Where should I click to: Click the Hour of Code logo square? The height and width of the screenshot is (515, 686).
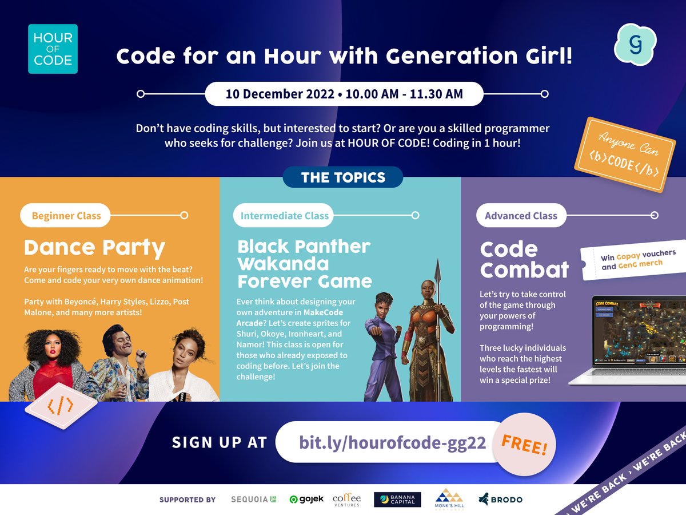[53, 49]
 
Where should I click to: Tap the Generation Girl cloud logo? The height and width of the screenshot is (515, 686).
[635, 44]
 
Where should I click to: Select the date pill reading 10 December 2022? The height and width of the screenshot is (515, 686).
[344, 94]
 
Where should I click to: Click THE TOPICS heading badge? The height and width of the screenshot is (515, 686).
[343, 177]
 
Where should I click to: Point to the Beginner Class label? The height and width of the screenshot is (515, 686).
[66, 216]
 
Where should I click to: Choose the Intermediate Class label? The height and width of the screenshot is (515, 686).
[284, 216]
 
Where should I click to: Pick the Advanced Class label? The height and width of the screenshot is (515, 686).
[521, 216]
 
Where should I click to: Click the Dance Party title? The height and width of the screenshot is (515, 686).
[94, 248]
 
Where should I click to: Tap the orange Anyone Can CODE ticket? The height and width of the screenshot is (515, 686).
[624, 154]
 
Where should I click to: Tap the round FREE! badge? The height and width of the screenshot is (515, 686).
[524, 445]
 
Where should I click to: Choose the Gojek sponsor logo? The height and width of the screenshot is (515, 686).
[307, 499]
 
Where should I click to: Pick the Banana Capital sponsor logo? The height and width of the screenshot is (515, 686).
[397, 499]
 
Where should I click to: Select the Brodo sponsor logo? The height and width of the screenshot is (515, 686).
[501, 499]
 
